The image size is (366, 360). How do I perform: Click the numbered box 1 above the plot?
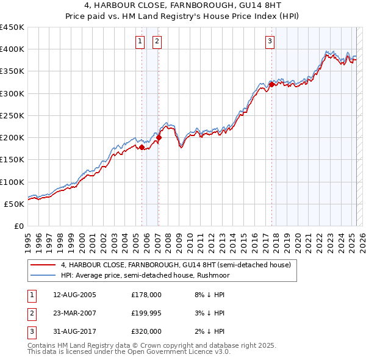[140, 41]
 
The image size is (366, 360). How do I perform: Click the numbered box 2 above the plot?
[157, 41]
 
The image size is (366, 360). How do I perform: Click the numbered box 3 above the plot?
[270, 41]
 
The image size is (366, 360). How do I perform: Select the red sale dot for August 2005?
[142, 147]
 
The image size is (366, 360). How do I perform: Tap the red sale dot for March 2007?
[159, 138]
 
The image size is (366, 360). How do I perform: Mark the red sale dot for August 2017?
[271, 84]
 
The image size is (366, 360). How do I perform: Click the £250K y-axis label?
[12, 115]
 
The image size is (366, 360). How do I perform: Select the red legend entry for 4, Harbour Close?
[176, 265]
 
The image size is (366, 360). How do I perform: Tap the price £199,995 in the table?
[146, 312]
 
